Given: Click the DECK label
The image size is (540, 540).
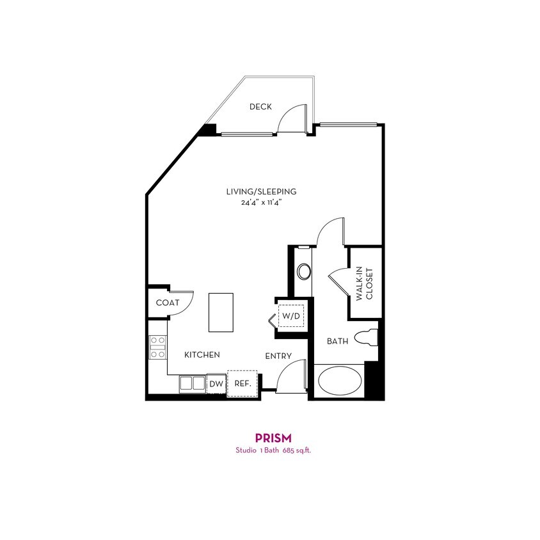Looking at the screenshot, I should tap(260, 107).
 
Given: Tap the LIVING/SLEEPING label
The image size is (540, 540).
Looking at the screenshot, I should tap(261, 191).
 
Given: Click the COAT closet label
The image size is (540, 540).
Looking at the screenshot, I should tap(167, 303).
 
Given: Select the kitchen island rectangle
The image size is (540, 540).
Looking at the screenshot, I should tap(221, 312).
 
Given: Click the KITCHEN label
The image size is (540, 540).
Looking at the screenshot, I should tap(202, 354).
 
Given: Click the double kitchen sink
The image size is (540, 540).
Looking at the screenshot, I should tap(192, 383).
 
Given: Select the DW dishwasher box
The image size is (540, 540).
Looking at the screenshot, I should tap(216, 384).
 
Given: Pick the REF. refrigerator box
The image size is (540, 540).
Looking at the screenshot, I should tap(242, 384).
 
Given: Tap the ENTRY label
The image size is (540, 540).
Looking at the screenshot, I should tap(278, 356).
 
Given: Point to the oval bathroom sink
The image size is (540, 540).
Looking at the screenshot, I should tap(304, 271).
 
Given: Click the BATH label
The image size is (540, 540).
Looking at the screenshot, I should tap(338, 342).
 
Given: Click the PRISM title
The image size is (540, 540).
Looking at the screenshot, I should tap(273, 438).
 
